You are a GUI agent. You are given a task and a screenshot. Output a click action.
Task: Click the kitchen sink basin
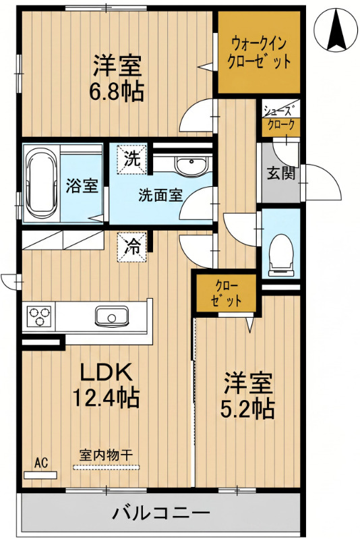click(x=111, y=316)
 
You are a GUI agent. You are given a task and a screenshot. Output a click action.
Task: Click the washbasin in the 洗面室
click(x=191, y=164)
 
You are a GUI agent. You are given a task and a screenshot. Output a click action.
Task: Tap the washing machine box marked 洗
click(x=132, y=159)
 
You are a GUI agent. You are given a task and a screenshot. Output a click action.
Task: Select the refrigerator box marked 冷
click(x=132, y=247)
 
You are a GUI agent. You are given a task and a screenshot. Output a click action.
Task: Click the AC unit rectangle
click(x=40, y=475)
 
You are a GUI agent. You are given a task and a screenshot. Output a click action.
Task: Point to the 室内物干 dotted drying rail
click(x=107, y=467)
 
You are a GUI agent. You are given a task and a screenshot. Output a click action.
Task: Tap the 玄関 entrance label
click(x=281, y=173)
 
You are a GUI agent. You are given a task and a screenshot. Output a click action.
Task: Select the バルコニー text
click(x=160, y=513)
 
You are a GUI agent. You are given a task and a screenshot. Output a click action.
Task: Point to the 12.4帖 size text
click(x=106, y=397)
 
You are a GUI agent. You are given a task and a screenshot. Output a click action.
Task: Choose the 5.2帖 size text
click(x=247, y=408)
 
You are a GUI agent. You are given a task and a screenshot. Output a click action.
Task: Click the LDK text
click(x=106, y=372)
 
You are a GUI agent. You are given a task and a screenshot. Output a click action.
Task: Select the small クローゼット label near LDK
click(x=225, y=293)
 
